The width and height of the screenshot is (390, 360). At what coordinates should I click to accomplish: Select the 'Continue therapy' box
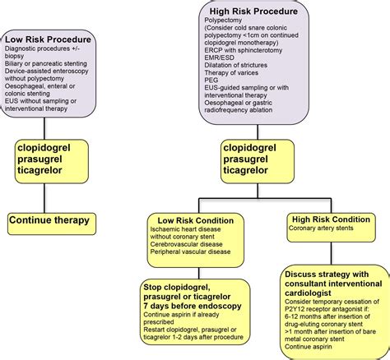(50, 222)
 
